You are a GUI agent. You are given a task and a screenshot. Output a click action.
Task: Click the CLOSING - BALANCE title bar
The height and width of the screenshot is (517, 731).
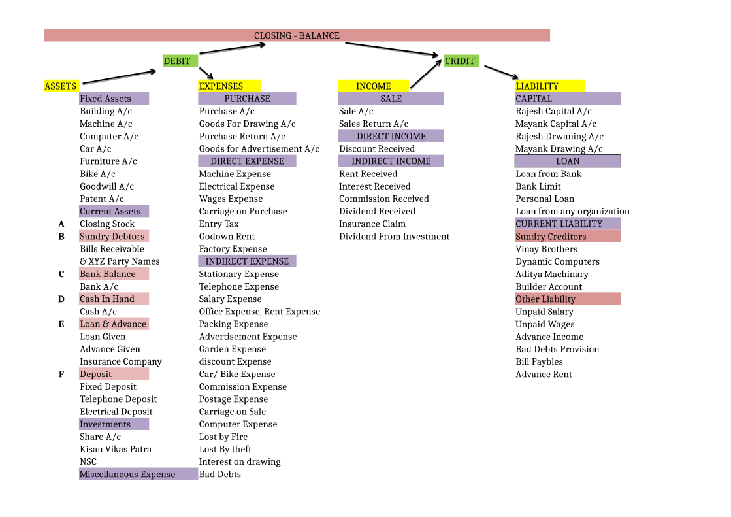[297, 35]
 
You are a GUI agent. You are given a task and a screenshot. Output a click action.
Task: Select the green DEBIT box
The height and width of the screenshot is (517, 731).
[180, 61]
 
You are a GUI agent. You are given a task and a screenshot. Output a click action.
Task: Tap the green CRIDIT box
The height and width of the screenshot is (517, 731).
[461, 61]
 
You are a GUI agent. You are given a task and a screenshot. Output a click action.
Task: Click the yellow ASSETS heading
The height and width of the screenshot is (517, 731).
[61, 86]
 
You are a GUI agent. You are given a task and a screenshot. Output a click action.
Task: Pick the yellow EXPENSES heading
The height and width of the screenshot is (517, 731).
[229, 86]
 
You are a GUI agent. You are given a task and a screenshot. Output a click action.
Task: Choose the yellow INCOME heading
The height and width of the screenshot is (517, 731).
[373, 86]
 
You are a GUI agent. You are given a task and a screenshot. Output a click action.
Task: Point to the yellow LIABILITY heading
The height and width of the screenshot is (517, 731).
[549, 86]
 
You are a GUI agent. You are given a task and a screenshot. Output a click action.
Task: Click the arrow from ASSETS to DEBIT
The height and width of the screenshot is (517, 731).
[120, 76]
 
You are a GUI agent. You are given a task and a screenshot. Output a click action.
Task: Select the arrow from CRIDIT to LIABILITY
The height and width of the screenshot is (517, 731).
[501, 71]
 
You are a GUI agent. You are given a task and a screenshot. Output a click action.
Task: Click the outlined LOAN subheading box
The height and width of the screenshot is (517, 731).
[568, 161]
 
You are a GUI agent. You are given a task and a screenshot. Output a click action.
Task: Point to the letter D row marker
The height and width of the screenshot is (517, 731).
[61, 299]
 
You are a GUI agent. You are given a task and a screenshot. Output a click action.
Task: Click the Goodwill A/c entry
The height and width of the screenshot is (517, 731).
[106, 187]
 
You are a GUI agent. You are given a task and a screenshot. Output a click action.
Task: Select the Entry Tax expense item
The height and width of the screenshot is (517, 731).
[219, 224]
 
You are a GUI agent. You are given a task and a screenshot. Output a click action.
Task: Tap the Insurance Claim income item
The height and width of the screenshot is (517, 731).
[372, 224]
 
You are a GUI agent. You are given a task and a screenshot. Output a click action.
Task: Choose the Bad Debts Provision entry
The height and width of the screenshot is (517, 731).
[557, 350]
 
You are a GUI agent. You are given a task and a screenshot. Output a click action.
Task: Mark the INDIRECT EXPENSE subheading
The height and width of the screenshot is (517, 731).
[247, 261]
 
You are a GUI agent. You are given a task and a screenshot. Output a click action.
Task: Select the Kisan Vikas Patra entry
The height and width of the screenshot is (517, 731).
[116, 450]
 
